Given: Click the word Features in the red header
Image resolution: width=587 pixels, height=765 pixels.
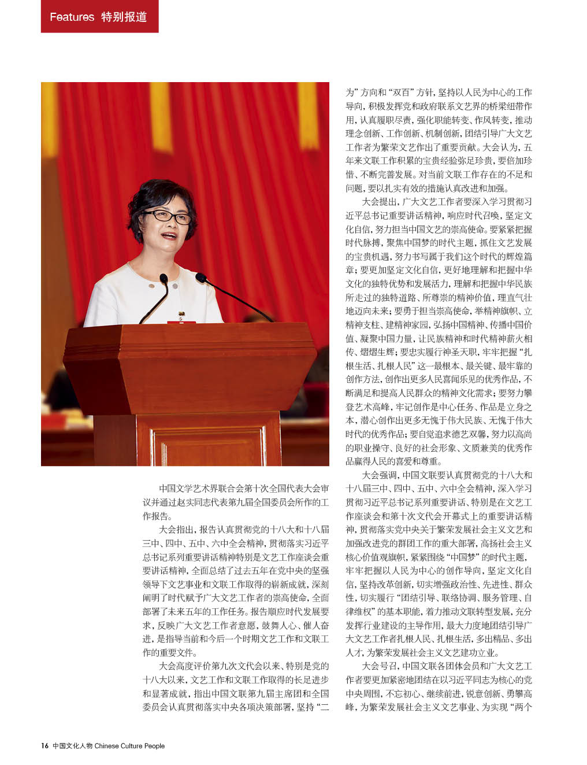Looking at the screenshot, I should tap(72, 17).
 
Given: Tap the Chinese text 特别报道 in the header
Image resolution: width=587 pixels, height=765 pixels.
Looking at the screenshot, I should tap(124, 17).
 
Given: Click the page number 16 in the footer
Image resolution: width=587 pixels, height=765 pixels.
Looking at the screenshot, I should tap(44, 745).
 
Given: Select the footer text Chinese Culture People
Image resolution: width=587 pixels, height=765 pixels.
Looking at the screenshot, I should tap(129, 745).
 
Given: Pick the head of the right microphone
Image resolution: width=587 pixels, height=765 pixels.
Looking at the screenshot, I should tap(200, 277).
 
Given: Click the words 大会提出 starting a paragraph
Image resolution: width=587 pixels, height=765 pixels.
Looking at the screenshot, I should tap(378, 202).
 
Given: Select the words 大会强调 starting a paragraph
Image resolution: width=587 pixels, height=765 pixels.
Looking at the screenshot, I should tap(378, 475).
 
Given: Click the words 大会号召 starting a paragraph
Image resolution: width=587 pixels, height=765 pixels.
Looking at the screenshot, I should tap(378, 666).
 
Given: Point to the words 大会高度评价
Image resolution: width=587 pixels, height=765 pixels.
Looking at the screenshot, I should tap(183, 666).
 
